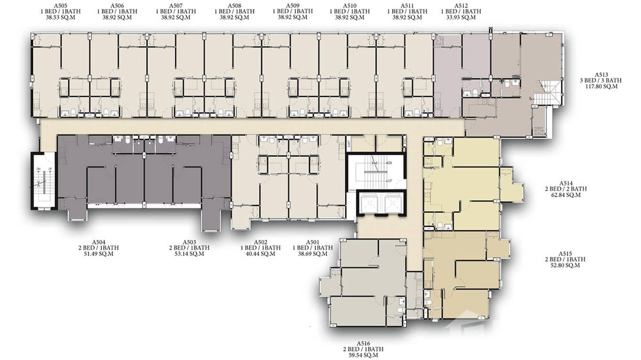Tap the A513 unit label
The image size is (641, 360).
pyautogui.click(x=601, y=75)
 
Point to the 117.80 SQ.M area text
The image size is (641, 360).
pyautogui.click(x=601, y=87)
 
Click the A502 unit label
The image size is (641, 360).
pyautogui.click(x=260, y=242)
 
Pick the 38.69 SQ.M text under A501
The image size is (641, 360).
pyautogui.click(x=312, y=254)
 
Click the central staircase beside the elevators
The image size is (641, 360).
pyautogui.click(x=376, y=172)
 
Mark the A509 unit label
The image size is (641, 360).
pyautogui.click(x=292, y=5)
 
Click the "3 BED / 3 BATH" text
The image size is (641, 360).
pyautogui.click(x=601, y=81)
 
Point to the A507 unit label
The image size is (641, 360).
pyautogui.click(x=176, y=5)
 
